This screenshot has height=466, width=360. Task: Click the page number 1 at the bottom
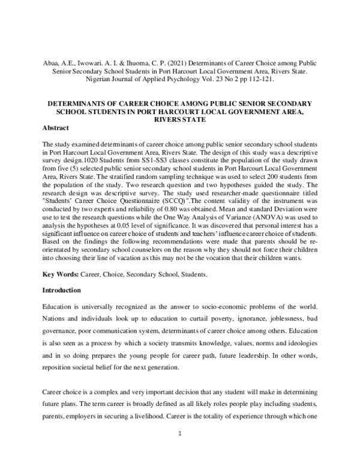pos(180,449)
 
